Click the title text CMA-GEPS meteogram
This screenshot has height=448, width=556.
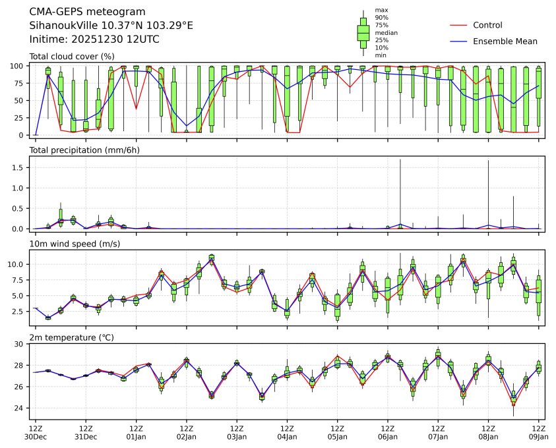coord(83,12)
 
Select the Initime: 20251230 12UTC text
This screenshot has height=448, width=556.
coord(94,40)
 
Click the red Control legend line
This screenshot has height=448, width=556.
coord(458,25)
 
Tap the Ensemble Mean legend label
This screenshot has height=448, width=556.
coord(505,41)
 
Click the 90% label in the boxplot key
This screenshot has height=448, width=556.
coord(381,18)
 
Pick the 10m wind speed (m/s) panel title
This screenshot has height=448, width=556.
coord(75,244)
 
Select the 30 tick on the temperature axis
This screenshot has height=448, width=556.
coord(20,344)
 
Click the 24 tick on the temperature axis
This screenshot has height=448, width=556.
coord(20,408)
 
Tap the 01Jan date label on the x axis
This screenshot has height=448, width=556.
coord(136,436)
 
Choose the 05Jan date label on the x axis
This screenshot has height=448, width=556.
coord(337,436)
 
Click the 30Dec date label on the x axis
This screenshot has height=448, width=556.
coord(36,436)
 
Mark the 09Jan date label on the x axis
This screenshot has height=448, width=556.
coord(539,436)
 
